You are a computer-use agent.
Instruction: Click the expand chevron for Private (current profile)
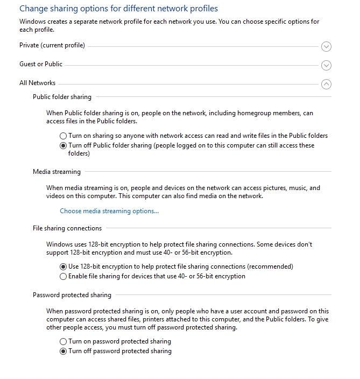pyautogui.click(x=326, y=47)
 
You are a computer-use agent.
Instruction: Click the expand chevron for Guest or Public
pyautogui.click(x=326, y=66)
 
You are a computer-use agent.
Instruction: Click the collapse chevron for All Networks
pyautogui.click(x=326, y=84)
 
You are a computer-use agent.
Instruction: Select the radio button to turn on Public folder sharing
pyautogui.click(x=63, y=136)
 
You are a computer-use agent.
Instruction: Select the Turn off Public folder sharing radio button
pyautogui.click(x=63, y=146)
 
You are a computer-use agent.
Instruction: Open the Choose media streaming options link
pyautogui.click(x=109, y=211)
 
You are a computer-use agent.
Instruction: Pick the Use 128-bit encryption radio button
pyautogui.click(x=63, y=267)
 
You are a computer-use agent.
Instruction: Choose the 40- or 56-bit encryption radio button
pyautogui.click(x=63, y=277)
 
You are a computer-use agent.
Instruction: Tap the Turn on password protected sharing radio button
pyautogui.click(x=63, y=342)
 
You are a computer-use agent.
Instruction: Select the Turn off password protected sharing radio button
pyautogui.click(x=63, y=352)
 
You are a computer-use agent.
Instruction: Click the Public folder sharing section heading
pyautogui.click(x=62, y=97)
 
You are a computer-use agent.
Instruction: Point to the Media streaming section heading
pyautogui.click(x=57, y=172)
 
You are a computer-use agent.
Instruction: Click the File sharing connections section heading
pyautogui.click(x=67, y=229)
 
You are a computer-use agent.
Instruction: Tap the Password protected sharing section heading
pyautogui.click(x=72, y=296)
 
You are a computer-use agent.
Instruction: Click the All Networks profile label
pyautogui.click(x=37, y=83)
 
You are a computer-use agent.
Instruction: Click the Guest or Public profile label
pyautogui.click(x=41, y=64)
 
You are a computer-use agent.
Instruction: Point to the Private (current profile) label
pyautogui.click(x=52, y=46)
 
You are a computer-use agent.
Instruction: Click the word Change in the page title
pyautogui.click(x=33, y=9)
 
